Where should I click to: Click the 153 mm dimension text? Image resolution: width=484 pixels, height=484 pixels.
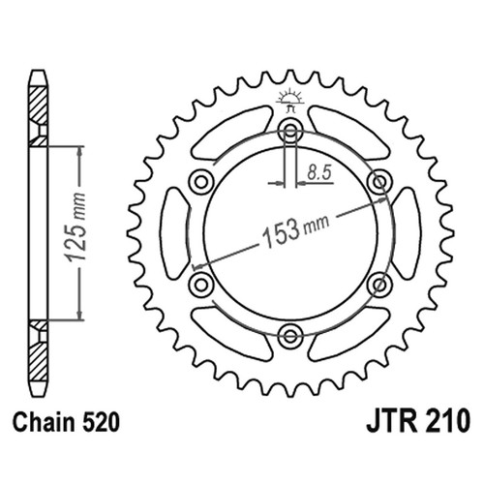[296, 228]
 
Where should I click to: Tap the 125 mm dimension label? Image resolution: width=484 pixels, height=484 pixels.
[76, 227]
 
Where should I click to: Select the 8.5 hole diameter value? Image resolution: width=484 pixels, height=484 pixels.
[318, 172]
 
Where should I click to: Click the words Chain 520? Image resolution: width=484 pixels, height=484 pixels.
[66, 422]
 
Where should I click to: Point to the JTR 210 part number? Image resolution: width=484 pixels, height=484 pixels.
[418, 422]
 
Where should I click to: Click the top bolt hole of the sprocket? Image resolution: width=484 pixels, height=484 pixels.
[290, 131]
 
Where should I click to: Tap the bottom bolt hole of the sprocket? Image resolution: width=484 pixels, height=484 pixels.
[290, 337]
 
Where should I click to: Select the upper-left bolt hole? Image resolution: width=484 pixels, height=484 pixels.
[201, 182]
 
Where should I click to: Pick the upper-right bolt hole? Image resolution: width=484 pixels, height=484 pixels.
[379, 182]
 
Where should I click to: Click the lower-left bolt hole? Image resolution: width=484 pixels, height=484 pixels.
[201, 285]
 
